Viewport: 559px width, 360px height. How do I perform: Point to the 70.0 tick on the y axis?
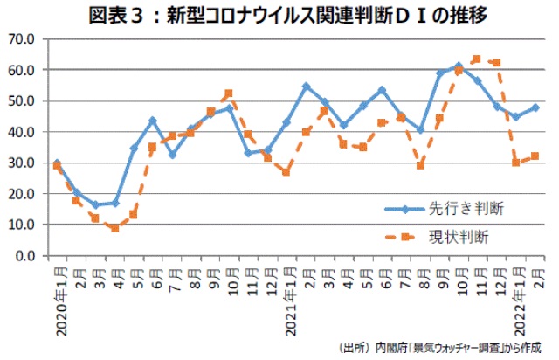(x=21, y=39)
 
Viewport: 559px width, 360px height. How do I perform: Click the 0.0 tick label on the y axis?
(x=24, y=256)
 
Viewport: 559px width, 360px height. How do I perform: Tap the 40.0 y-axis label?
(x=21, y=132)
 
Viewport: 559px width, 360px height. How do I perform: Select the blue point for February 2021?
(x=307, y=86)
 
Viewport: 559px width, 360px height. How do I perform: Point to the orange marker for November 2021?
(x=477, y=59)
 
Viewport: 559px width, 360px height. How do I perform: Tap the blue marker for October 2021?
(x=458, y=66)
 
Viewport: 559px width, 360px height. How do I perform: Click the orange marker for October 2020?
(x=229, y=93)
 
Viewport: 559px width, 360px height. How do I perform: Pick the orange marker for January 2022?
(x=515, y=163)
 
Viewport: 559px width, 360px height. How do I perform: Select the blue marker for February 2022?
(x=535, y=107)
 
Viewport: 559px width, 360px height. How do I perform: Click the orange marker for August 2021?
(x=420, y=165)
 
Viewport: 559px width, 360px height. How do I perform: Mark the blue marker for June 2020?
(x=153, y=120)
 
